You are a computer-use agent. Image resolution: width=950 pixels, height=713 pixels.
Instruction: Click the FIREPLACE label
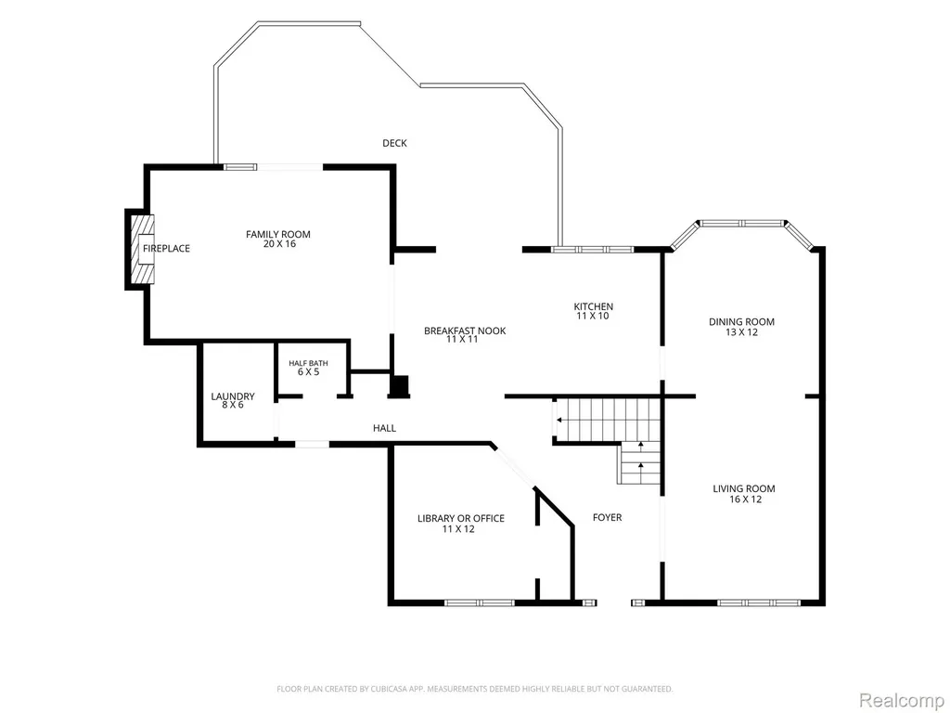(x=167, y=248)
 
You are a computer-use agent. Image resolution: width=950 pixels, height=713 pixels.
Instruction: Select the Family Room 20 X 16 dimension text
(x=278, y=244)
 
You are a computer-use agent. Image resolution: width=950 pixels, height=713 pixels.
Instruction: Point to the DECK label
(x=394, y=143)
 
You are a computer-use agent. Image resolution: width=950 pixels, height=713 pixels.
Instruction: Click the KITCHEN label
(x=594, y=306)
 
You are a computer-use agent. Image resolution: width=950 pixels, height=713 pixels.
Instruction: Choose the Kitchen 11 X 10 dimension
(x=593, y=316)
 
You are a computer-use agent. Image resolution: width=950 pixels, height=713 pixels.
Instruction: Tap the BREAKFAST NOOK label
(x=465, y=331)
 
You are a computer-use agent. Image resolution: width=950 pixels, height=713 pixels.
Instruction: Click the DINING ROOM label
(x=741, y=322)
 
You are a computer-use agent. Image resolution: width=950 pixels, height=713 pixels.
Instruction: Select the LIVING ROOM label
(x=744, y=488)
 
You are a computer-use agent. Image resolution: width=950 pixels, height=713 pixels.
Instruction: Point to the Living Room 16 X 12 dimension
(x=745, y=499)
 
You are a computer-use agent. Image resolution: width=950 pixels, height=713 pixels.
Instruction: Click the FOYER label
(x=607, y=517)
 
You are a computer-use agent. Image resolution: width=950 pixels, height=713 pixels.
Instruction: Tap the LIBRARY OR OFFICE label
(x=461, y=518)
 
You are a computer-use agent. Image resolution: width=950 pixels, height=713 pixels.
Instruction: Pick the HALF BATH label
(x=308, y=363)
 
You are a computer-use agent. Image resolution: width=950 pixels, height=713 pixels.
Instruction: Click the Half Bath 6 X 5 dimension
(x=308, y=371)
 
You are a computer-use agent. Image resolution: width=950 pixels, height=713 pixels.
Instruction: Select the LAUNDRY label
(x=233, y=396)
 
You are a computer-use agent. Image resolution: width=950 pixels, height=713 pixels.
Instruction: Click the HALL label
(x=385, y=428)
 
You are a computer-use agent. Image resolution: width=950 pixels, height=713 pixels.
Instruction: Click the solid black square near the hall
(x=399, y=387)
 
